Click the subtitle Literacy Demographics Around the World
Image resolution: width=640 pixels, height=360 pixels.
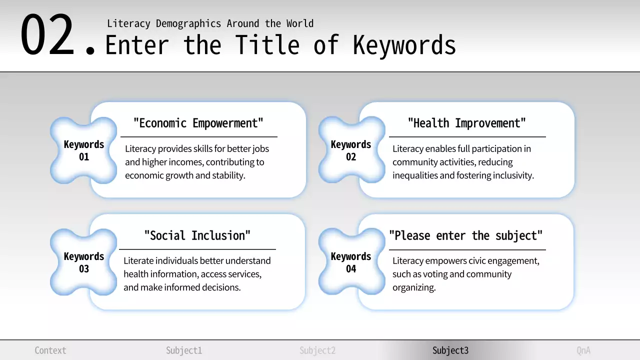pyautogui.click(x=210, y=23)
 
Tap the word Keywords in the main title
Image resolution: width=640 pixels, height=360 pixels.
pyautogui.click(x=404, y=45)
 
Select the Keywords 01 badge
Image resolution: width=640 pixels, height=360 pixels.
pyautogui.click(x=84, y=150)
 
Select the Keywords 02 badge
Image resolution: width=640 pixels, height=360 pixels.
pyautogui.click(x=351, y=150)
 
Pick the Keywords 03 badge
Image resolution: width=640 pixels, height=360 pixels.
pyautogui.click(x=84, y=262)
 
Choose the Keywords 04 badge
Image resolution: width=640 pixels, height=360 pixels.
pyautogui.click(x=351, y=262)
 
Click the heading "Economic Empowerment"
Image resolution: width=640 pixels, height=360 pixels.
pyautogui.click(x=198, y=123)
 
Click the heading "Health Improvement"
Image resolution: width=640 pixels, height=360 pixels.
pyautogui.click(x=467, y=123)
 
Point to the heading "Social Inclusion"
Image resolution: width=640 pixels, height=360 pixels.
pyautogui.click(x=197, y=235)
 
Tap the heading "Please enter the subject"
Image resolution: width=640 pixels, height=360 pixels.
pyautogui.click(x=466, y=235)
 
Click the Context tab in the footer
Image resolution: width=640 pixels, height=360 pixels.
pyautogui.click(x=50, y=350)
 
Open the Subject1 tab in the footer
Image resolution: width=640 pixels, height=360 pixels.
pyautogui.click(x=184, y=350)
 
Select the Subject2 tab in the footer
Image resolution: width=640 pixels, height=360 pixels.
pyautogui.click(x=317, y=350)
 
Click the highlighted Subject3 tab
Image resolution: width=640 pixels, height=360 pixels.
pyautogui.click(x=450, y=350)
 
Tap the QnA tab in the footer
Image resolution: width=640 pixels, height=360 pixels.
pyautogui.click(x=583, y=350)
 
